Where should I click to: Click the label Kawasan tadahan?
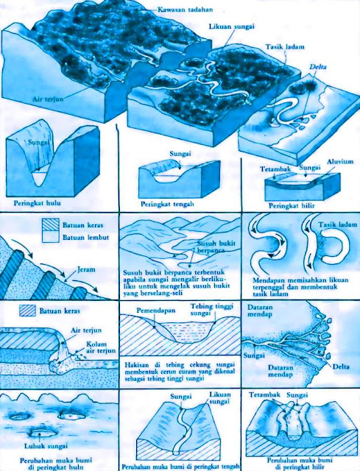pos(186,10)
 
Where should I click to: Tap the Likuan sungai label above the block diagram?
pos(232,26)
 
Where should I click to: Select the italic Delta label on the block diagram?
pos(318,67)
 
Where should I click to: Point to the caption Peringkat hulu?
pos(38,203)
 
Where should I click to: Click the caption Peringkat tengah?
pos(167,204)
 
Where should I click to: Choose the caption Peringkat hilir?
pos(292,206)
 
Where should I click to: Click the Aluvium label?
pos(340,162)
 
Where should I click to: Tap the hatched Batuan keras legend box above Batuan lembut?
pos(51,224)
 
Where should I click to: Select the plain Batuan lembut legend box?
pos(51,236)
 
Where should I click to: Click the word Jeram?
pos(86,269)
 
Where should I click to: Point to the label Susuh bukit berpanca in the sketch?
pos(216,247)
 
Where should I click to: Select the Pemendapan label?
pos(156,310)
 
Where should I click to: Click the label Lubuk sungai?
pos(46,446)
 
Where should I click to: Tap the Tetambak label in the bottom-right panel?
pos(264,394)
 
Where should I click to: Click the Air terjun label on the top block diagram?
pos(48,99)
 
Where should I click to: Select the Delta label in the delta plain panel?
pos(341,366)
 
